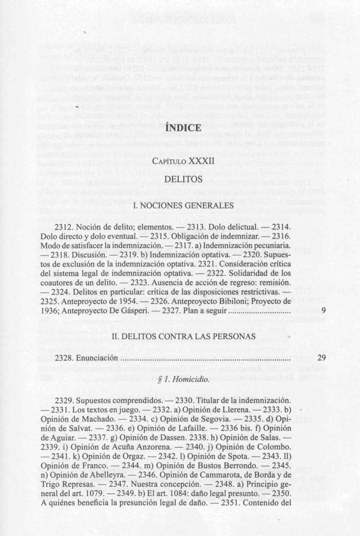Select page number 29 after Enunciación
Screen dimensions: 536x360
322,358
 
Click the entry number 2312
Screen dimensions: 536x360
64,228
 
